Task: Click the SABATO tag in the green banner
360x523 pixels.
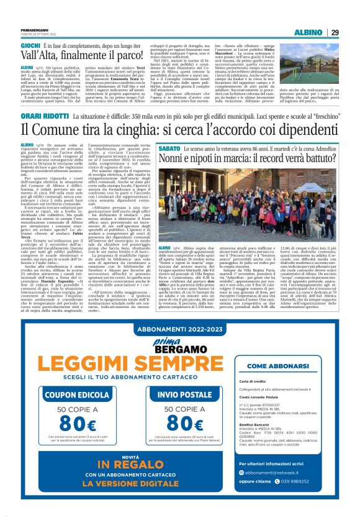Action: [x=170, y=150]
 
